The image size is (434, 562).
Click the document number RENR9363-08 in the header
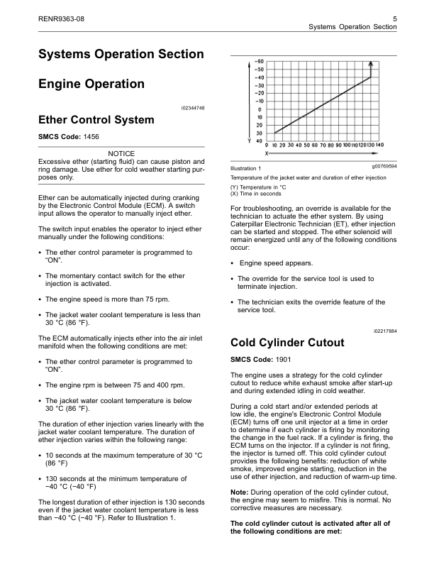[61, 16]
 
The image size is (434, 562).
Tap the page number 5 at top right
[394, 16]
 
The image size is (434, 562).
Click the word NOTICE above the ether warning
[121, 153]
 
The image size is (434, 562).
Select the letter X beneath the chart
[267, 153]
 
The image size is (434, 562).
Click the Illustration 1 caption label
[246, 168]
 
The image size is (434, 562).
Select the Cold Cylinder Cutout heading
[288, 343]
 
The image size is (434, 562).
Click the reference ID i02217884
[384, 330]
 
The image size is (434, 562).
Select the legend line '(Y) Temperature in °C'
[262, 187]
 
